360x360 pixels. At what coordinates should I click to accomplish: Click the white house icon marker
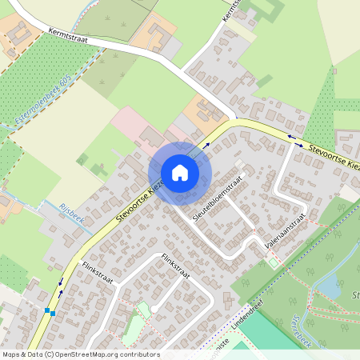pyautogui.click(x=180, y=173)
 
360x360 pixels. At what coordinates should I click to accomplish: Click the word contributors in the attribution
pyautogui.click(x=140, y=354)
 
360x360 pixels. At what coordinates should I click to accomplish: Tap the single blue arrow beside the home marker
pyautogui.click(x=206, y=145)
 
